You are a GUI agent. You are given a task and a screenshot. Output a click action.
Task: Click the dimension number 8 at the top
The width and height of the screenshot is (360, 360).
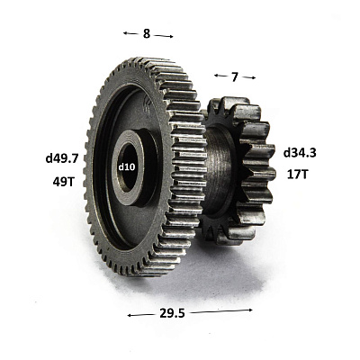tap(146, 33)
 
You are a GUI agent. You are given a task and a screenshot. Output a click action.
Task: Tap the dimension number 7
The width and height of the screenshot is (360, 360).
tap(235, 77)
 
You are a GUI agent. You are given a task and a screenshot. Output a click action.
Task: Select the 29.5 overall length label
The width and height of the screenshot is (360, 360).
tap(172, 313)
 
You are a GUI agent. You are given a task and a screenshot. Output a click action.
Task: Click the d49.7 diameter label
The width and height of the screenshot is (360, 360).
tap(62, 158)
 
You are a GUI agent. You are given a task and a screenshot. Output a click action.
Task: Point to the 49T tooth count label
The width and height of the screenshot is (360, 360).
tap(63, 182)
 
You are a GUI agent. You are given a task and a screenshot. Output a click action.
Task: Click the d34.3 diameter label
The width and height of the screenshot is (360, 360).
tap(300, 153)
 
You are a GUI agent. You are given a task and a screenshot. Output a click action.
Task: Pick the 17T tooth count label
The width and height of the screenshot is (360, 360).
tap(297, 175)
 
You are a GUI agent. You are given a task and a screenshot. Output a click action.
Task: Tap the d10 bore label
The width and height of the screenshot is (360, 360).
tap(126, 166)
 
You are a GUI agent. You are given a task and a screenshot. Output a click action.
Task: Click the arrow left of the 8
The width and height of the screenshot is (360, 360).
tap(130, 33)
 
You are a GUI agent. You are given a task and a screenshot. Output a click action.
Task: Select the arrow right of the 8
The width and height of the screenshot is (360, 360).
tap(164, 36)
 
